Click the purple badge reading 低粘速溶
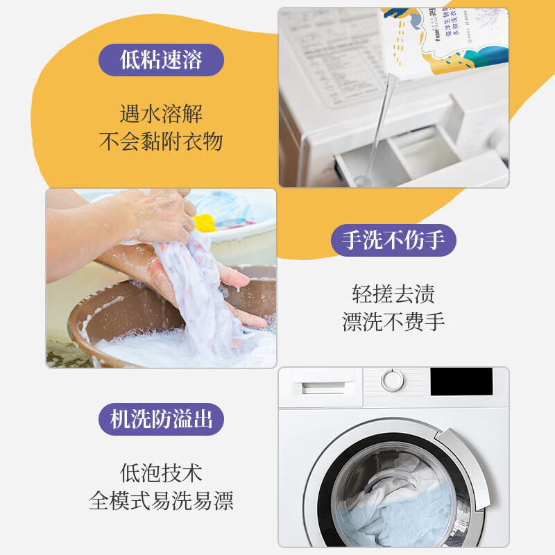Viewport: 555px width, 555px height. point(161,60)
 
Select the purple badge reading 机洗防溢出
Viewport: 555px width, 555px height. point(161,420)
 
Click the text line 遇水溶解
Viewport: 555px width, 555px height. point(161,113)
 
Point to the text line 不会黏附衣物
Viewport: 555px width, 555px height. point(161,142)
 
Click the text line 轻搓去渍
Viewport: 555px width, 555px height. point(393,293)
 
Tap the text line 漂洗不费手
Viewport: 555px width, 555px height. point(393,322)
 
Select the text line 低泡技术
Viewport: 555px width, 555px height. point(161,473)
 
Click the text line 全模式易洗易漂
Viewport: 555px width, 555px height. point(161,501)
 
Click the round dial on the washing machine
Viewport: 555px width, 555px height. point(393,381)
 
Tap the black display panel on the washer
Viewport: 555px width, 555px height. point(461,382)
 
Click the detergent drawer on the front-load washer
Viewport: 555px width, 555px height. point(323,382)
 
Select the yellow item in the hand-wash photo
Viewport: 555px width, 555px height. point(204,223)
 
